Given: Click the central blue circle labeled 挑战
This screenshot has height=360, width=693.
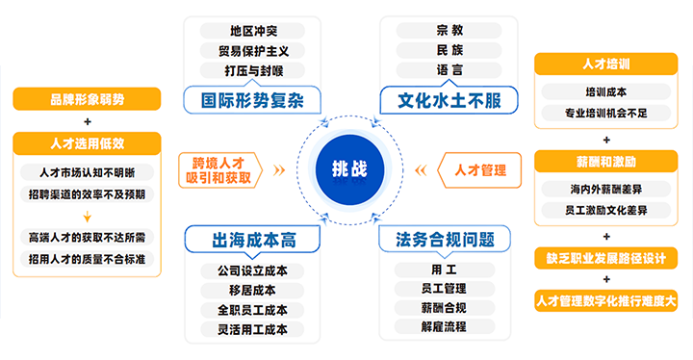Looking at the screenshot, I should click(x=348, y=169).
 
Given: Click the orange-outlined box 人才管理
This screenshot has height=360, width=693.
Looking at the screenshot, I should click(x=474, y=170).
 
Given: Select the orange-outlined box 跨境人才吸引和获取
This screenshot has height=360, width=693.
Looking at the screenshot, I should click(x=219, y=169).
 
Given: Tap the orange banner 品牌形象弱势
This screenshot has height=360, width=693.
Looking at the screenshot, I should click(x=87, y=99).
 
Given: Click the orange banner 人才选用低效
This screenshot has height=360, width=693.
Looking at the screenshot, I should click(x=87, y=143).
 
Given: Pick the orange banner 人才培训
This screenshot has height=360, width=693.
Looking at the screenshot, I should click(x=605, y=64).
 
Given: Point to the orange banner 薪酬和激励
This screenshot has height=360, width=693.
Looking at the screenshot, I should click(x=605, y=160).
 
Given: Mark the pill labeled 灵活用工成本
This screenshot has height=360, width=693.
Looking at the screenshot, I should click(x=245, y=329).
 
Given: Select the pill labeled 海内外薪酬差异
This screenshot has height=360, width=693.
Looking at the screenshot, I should click(x=605, y=188).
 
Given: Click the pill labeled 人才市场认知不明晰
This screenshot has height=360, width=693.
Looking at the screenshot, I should click(x=88, y=172).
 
